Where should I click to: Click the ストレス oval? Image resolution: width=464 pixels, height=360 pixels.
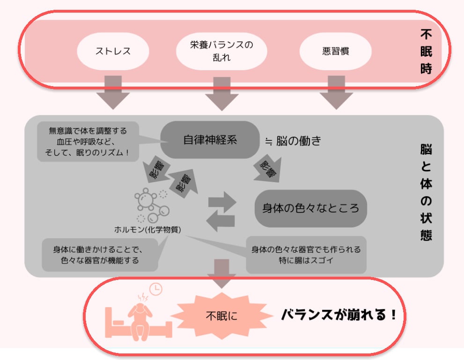click(113, 51)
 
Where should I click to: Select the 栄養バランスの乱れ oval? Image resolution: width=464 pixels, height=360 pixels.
click(221, 51)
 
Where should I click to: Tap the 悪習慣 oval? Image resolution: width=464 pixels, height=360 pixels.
click(335, 51)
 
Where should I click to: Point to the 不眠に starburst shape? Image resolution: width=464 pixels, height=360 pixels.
click(222, 316)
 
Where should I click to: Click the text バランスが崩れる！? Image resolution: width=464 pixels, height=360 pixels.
click(339, 315)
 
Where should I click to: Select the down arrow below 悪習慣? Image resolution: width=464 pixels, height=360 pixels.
click(335, 92)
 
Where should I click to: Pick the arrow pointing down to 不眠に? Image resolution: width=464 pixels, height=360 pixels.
click(222, 273)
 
